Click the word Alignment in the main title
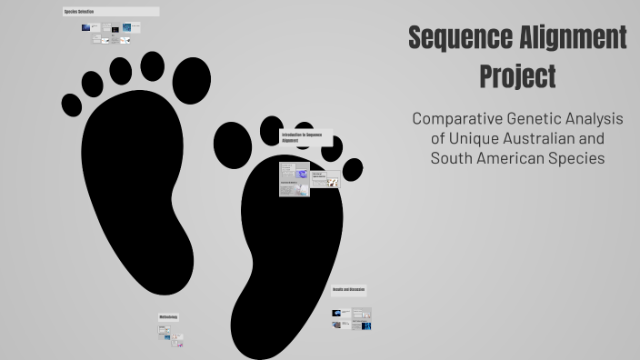pos(572,38)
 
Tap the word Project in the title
pos(517,76)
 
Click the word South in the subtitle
pos(452,159)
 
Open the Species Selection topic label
pos(80,12)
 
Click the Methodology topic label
pos(169,317)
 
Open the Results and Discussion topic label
pos(349,290)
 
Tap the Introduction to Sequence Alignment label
pos(301,137)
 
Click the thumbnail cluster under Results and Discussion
pos(352,318)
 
